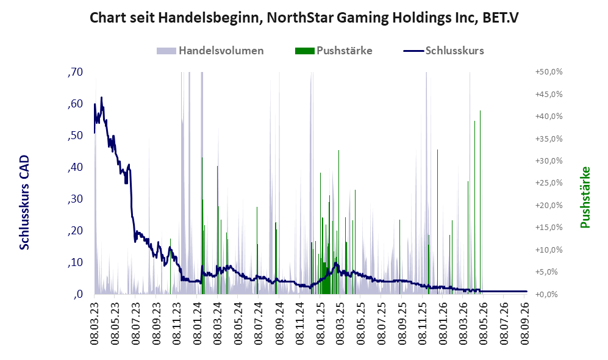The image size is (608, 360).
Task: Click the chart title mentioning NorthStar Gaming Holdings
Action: (x=304, y=18)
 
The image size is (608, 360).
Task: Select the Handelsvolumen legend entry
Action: (x=210, y=51)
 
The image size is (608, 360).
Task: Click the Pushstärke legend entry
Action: (x=334, y=51)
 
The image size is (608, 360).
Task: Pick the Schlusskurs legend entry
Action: (x=443, y=51)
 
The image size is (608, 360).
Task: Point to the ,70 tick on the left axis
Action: (x=75, y=72)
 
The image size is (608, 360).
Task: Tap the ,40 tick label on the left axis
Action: (x=75, y=167)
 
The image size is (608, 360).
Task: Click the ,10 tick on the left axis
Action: (x=75, y=262)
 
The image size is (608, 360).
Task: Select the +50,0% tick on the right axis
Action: (x=549, y=72)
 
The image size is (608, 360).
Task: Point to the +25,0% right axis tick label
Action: (x=549, y=182)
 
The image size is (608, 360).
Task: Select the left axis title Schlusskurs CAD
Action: (x=24, y=202)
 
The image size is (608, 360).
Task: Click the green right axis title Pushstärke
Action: (x=585, y=197)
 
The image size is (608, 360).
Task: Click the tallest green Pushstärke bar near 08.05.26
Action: (x=481, y=201)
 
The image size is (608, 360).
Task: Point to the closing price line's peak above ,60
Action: (x=102, y=98)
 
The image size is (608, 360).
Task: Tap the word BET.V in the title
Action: (x=501, y=18)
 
